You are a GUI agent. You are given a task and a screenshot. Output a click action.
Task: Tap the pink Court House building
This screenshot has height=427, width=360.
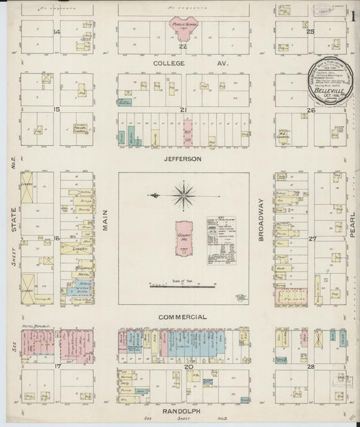point(183,237)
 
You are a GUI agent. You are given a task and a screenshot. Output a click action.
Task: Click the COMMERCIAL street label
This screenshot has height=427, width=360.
point(182,316)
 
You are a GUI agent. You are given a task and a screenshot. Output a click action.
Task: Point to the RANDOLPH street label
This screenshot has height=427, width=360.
point(182,409)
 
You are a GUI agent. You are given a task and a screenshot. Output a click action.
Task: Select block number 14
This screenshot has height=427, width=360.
point(57,32)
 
